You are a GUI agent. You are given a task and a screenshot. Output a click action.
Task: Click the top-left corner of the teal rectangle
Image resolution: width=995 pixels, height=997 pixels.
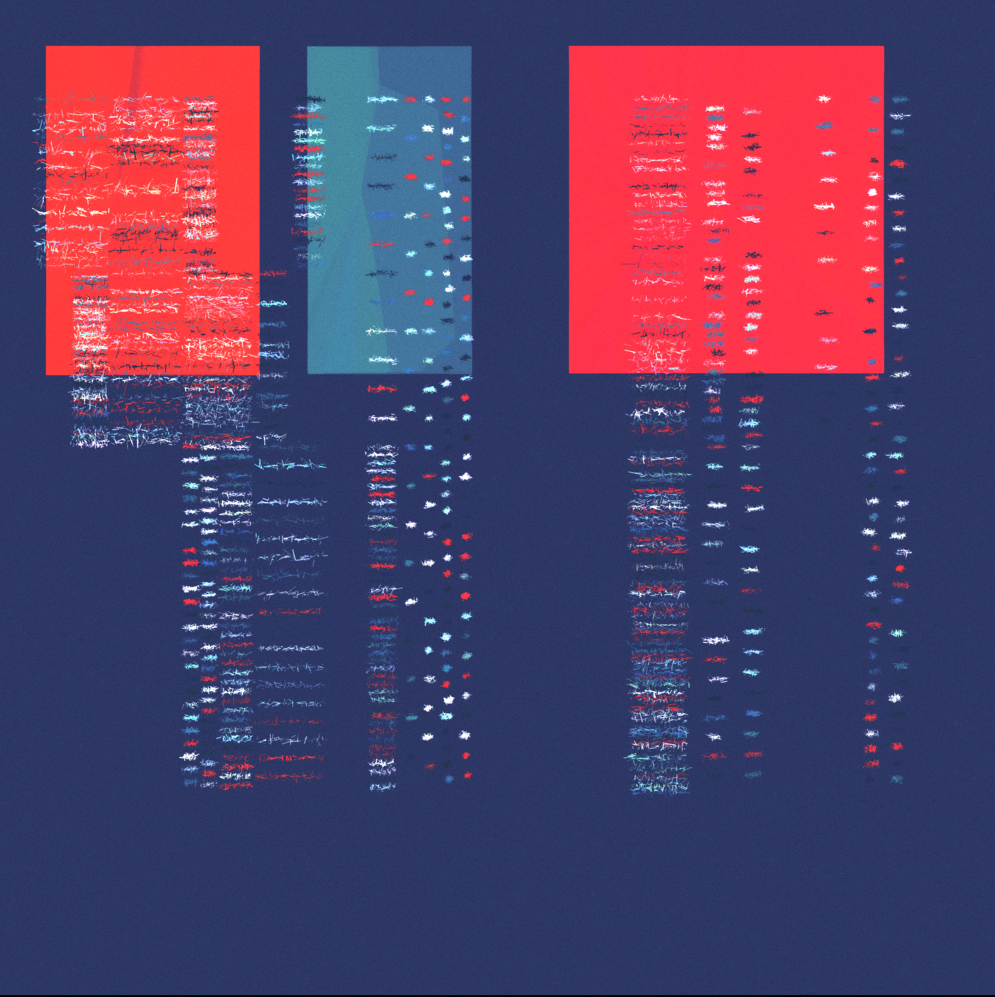point(308,47)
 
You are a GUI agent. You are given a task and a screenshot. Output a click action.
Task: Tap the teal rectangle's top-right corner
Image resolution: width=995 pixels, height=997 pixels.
point(471,47)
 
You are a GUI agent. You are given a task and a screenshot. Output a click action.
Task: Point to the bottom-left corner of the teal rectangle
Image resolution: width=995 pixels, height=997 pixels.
point(308,373)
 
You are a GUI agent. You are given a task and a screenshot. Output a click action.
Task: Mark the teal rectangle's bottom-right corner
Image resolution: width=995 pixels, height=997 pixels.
point(471,373)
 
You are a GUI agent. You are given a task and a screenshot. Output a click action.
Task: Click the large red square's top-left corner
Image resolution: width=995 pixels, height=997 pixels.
point(569,47)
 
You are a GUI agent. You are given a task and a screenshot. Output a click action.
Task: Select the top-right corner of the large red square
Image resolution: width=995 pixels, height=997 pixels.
point(884,47)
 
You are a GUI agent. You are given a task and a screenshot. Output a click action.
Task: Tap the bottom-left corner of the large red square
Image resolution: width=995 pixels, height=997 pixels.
point(569,373)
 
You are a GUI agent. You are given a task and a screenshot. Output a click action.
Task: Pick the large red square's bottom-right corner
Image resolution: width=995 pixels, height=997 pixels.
point(884,373)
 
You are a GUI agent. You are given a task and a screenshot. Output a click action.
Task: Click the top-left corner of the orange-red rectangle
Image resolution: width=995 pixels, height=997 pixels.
point(47,47)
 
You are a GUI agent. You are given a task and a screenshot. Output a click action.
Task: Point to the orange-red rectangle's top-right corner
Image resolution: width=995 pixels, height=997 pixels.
point(259,47)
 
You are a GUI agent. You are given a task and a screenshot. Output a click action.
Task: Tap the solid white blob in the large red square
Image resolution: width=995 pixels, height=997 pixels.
point(873,192)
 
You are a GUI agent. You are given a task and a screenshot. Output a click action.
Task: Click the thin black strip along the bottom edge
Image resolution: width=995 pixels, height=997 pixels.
point(497,995)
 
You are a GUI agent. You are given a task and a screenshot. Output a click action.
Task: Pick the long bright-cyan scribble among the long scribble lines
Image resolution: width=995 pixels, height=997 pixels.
point(292,465)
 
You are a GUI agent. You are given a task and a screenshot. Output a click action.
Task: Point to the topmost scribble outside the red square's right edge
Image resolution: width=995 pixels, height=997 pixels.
point(901,99)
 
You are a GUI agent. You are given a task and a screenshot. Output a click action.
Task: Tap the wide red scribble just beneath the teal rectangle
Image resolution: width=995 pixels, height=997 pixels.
point(382,388)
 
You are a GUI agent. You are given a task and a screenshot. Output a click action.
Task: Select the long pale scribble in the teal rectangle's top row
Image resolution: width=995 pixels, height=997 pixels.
point(382,99)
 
